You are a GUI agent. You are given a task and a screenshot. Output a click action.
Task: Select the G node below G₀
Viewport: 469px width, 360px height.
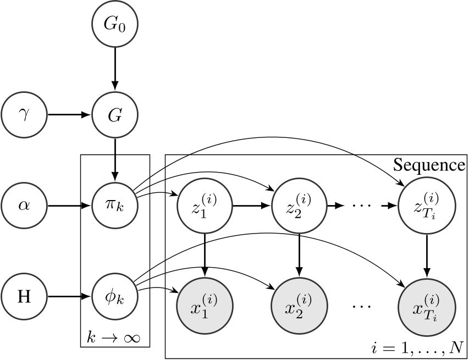click(115, 115)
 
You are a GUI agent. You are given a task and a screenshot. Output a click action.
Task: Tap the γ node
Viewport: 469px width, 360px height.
click(24, 115)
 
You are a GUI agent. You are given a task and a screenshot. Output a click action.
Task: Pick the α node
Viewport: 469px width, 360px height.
click(24, 207)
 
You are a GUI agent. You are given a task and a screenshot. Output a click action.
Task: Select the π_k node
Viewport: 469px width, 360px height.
click(115, 207)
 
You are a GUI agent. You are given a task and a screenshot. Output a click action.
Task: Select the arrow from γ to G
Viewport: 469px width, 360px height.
click(69, 115)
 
